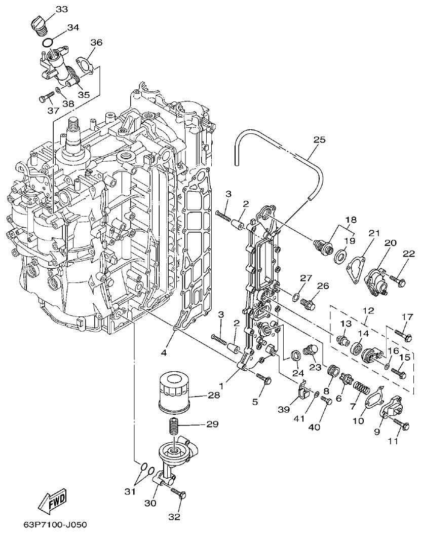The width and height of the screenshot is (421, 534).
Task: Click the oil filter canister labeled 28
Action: (x=174, y=391)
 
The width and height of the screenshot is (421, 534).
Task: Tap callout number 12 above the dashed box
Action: (x=368, y=310)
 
